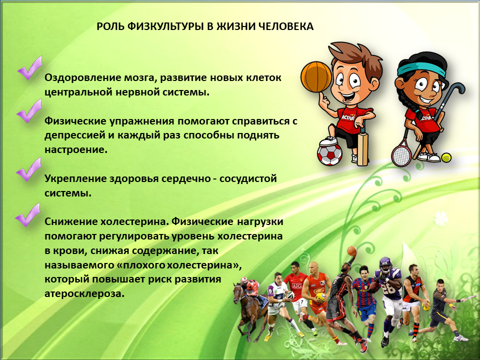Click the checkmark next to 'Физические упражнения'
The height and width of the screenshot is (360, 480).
tap(29, 111)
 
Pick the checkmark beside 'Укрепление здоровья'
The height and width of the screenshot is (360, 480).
tap(28, 169)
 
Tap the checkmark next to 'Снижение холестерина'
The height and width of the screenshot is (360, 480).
tap(27, 215)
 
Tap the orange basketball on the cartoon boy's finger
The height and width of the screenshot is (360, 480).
tap(316, 76)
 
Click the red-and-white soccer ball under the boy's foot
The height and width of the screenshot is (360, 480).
tap(329, 154)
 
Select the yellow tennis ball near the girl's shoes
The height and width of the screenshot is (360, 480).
tap(446, 157)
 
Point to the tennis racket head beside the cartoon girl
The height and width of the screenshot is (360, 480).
tap(401, 152)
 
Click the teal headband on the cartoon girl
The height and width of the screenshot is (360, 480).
tap(421, 68)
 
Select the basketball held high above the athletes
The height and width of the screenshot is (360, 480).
tap(351, 251)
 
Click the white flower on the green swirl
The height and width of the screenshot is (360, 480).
tap(441, 218)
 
